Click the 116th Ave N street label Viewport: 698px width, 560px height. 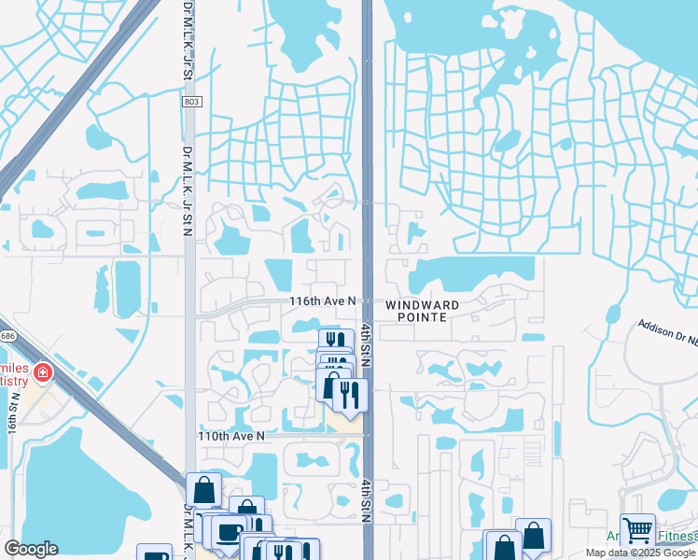point(323,301)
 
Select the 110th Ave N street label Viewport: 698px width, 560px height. point(231,436)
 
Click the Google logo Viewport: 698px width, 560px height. point(31,548)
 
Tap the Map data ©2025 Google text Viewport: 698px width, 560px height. point(640,553)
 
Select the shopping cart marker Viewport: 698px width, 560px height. point(637,530)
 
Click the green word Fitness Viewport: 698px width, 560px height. point(677,536)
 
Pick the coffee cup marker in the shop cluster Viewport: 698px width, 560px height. point(228,533)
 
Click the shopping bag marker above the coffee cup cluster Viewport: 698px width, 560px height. point(203,489)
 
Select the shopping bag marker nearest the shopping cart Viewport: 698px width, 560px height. point(533,536)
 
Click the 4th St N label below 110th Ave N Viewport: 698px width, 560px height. point(367,503)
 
